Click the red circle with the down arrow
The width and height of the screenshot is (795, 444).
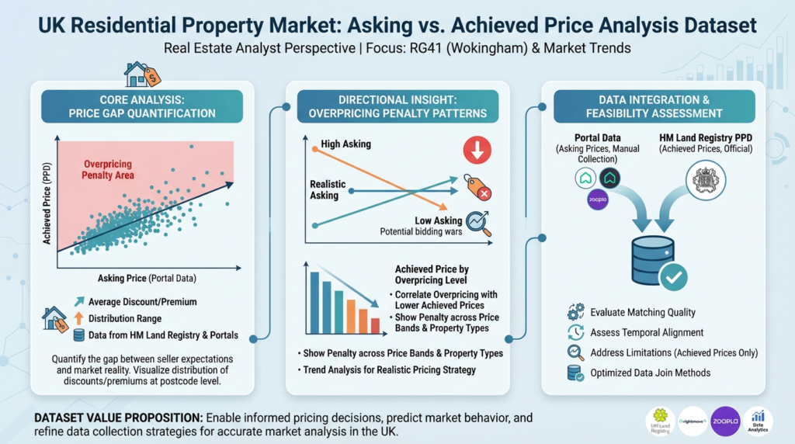coord(477,150)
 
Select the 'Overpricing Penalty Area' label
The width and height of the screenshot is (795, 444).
coord(107,170)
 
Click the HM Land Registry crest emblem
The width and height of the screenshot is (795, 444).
coord(705,179)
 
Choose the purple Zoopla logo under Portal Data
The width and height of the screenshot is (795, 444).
coord(596,199)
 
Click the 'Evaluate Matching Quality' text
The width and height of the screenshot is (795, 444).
coord(643,312)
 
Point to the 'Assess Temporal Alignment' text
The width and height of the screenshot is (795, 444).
coord(647,332)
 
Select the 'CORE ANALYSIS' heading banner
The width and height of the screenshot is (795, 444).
coord(142,106)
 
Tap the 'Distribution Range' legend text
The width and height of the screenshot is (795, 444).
coord(125,318)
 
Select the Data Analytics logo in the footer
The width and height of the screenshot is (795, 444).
coord(758,421)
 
